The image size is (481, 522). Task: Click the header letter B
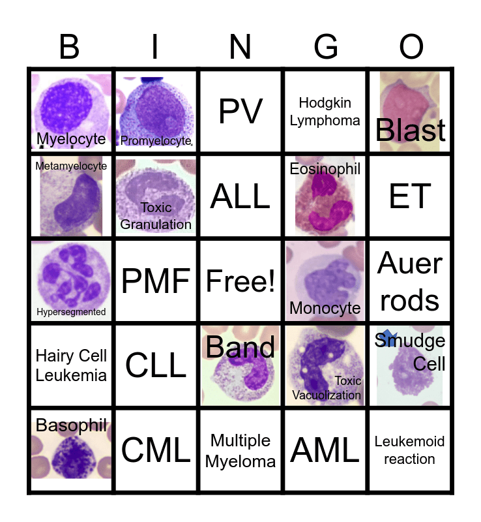coord(70,47)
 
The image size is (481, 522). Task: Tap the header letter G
coord(326,47)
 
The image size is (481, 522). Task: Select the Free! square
coord(241,281)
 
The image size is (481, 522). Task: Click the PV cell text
coord(241,112)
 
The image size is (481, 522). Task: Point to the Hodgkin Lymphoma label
coord(325,112)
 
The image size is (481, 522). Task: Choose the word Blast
coord(411,130)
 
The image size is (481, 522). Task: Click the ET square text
coord(410,196)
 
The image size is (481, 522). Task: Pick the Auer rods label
coord(410,281)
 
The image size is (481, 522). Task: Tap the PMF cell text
coord(156,281)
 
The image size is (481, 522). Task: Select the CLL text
coord(156,366)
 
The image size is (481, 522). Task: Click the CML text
coord(156,450)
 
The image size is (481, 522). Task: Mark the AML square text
coord(325,450)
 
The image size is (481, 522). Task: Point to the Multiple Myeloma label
coord(241,451)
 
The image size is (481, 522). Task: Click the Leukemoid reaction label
coord(409,450)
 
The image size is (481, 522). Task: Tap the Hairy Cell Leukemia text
coord(71,365)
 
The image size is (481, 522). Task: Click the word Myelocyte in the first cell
coord(71,139)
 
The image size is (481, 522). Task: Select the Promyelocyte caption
coord(156,140)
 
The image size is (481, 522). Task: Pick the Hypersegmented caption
coord(71,312)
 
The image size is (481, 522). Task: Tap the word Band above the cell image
coord(241,347)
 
